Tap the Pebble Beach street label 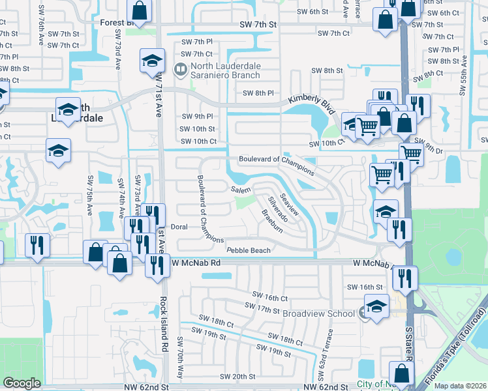248,250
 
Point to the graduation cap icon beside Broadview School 377,306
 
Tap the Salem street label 240,189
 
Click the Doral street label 179,227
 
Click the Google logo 22,383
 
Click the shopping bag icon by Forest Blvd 140,10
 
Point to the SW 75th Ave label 90,195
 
